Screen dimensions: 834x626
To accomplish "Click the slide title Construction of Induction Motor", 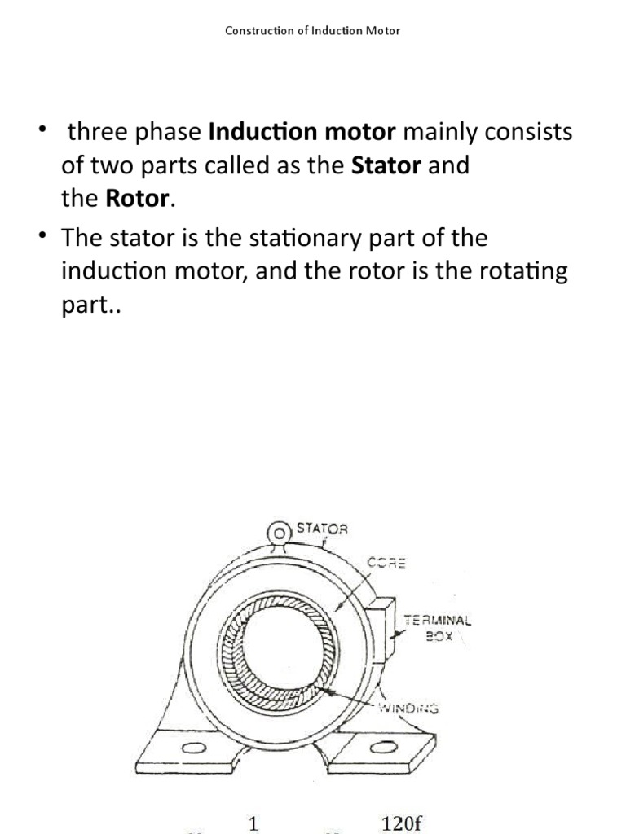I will click(313, 32).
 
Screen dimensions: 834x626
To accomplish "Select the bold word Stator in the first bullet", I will click(386, 166).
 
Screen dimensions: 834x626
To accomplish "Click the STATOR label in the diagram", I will click(321, 529).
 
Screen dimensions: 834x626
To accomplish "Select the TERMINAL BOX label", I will click(437, 628).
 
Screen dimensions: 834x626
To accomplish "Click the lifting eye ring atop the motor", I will click(279, 532).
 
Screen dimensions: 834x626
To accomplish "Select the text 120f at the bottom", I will click(402, 823).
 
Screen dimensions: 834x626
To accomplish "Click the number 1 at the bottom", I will click(253, 823).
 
